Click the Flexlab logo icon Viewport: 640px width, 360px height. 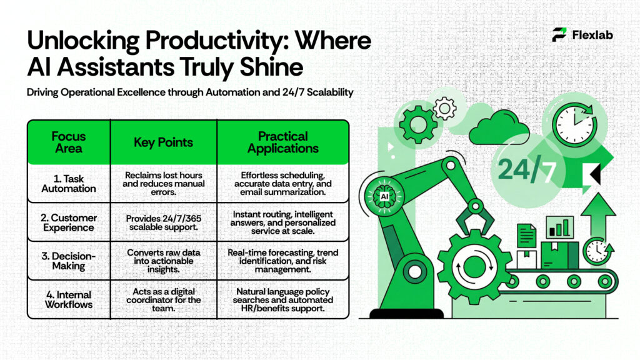(x=559, y=35)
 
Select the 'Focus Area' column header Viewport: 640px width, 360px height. (x=69, y=142)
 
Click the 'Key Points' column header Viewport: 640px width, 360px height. (x=163, y=142)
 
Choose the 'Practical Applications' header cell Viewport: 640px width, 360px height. (x=282, y=142)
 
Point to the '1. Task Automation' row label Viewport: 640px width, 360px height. (x=69, y=184)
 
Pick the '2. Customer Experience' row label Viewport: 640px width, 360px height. (x=69, y=222)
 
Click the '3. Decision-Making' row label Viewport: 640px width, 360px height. (x=69, y=261)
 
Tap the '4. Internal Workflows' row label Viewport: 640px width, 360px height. (x=69, y=299)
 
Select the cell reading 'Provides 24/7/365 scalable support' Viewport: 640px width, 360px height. (x=163, y=222)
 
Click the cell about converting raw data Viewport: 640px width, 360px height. (x=163, y=261)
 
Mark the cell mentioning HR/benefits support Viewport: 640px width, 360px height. (x=282, y=300)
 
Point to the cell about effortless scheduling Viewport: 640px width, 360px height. (x=282, y=184)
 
